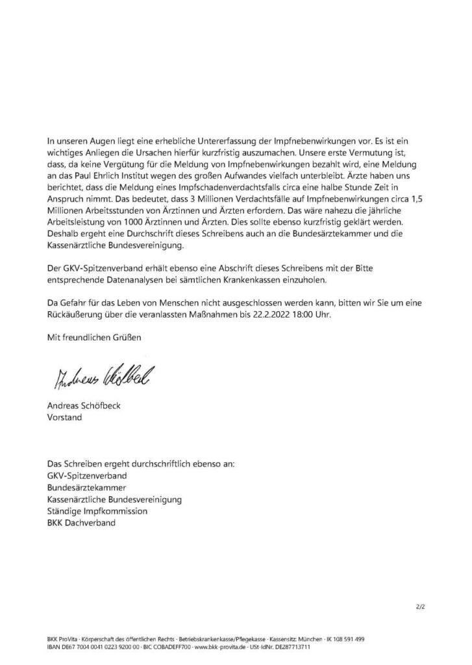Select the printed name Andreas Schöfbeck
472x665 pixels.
(86, 407)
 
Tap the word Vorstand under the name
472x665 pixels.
(64, 418)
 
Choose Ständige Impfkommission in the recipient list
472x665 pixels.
(97, 511)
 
